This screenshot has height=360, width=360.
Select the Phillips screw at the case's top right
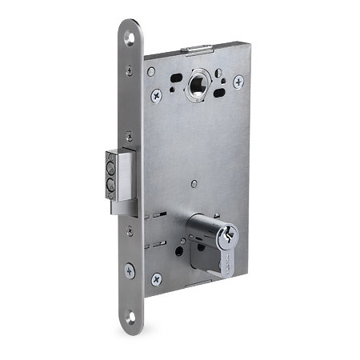(238, 82)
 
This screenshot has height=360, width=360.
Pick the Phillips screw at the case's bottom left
(157, 278)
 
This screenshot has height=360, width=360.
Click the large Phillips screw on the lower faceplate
(130, 271)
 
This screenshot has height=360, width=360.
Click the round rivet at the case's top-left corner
(151, 72)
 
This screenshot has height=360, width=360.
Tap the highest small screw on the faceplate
(129, 71)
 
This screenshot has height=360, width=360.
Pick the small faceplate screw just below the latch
(130, 233)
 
